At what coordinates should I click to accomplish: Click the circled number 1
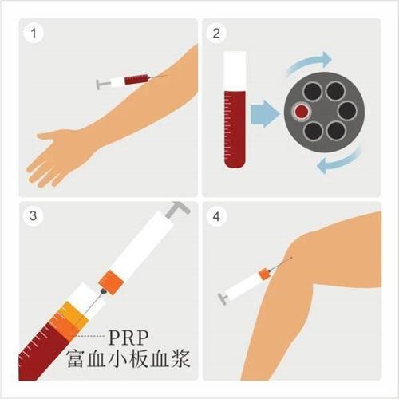34,34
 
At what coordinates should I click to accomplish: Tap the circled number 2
216,34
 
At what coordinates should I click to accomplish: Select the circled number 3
34,215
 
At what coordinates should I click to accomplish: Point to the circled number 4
216,216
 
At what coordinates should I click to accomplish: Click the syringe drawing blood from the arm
128,81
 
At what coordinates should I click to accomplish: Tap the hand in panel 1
54,157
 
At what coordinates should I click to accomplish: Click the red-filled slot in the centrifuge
302,111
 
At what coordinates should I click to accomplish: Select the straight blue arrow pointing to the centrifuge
265,113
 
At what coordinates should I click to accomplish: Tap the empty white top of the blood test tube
235,70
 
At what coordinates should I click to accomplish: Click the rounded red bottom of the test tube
235,162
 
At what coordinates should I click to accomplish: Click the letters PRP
128,338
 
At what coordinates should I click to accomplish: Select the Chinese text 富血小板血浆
128,359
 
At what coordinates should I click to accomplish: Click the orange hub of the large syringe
111,282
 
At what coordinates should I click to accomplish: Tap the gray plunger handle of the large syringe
178,210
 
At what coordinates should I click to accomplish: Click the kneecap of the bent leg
301,246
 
